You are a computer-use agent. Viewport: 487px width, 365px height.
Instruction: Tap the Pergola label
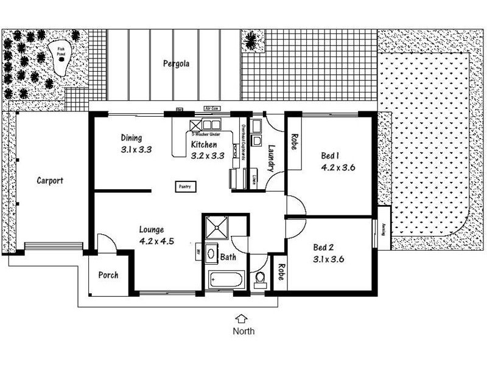175,63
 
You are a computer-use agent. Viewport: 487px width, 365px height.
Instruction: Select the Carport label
50,181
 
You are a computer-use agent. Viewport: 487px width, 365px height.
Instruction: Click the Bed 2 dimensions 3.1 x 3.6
328,259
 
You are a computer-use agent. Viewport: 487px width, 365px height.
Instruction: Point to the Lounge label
152,229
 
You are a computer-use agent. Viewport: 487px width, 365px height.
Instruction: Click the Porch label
109,276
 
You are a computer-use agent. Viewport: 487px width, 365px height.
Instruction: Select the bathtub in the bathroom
226,280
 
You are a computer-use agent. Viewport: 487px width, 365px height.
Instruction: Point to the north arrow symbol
242,318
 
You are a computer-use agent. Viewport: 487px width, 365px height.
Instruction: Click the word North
243,332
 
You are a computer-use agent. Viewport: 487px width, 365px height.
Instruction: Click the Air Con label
211,108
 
